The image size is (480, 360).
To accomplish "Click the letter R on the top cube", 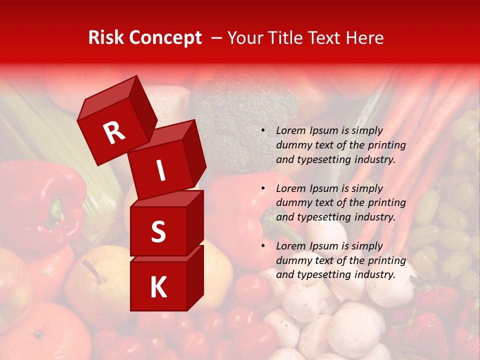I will tap(114, 132).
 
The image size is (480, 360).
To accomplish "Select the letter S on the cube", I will tap(158, 231).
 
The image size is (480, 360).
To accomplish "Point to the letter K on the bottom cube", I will tap(158, 287).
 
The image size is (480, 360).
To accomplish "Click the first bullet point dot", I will tap(263, 130).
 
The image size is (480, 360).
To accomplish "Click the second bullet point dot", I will tap(263, 188).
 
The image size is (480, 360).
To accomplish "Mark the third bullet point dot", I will tap(263, 246).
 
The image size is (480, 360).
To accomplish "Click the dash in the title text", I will tap(217, 37).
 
